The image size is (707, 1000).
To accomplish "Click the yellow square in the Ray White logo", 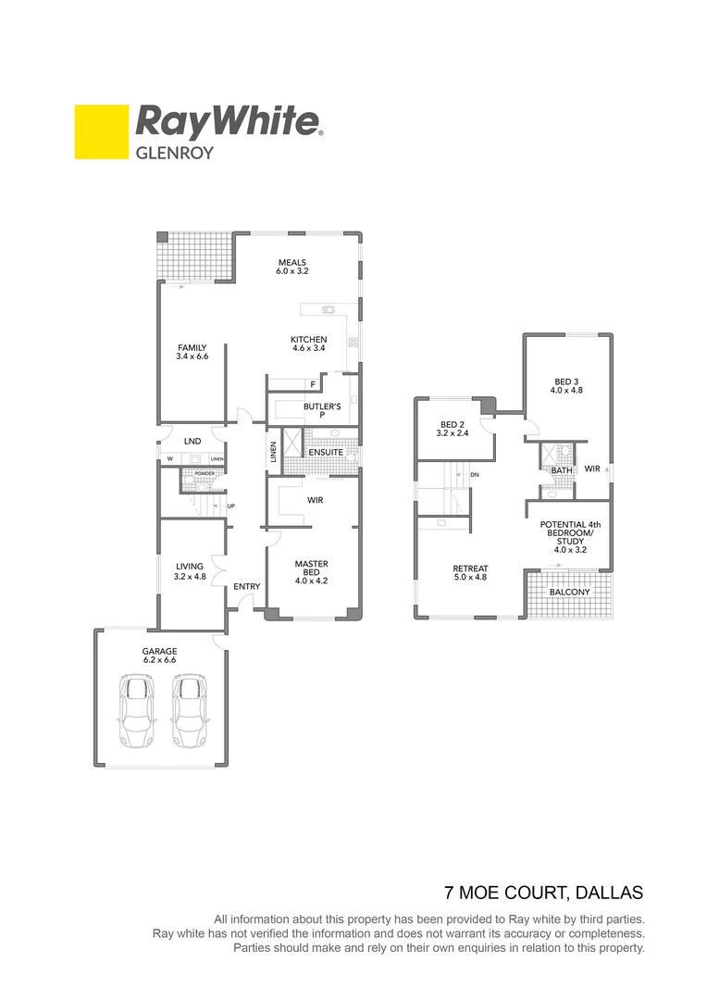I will click(x=101, y=132).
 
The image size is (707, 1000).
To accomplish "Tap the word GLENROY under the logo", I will click(x=175, y=154).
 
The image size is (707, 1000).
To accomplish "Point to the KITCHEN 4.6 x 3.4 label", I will click(x=308, y=344).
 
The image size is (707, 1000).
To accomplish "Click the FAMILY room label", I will click(x=192, y=353).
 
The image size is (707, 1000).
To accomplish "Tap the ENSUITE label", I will click(x=326, y=452).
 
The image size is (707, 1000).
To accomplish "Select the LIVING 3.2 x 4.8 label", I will click(x=189, y=572).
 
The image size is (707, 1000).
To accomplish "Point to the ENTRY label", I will click(x=246, y=586).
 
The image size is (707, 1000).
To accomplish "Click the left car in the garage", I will click(x=138, y=711).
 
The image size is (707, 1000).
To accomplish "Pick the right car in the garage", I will click(x=191, y=711).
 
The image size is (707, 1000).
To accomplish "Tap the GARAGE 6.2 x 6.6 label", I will click(x=159, y=656).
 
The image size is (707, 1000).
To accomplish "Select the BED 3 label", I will click(x=566, y=385).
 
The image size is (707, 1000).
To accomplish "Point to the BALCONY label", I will click(x=569, y=593).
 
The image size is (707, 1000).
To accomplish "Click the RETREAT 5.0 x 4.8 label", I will click(x=470, y=573).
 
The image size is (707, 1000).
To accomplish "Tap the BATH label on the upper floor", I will click(x=562, y=470).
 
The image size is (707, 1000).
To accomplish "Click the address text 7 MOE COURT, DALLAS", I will click(x=543, y=894).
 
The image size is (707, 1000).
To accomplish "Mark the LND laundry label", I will click(x=192, y=441).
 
